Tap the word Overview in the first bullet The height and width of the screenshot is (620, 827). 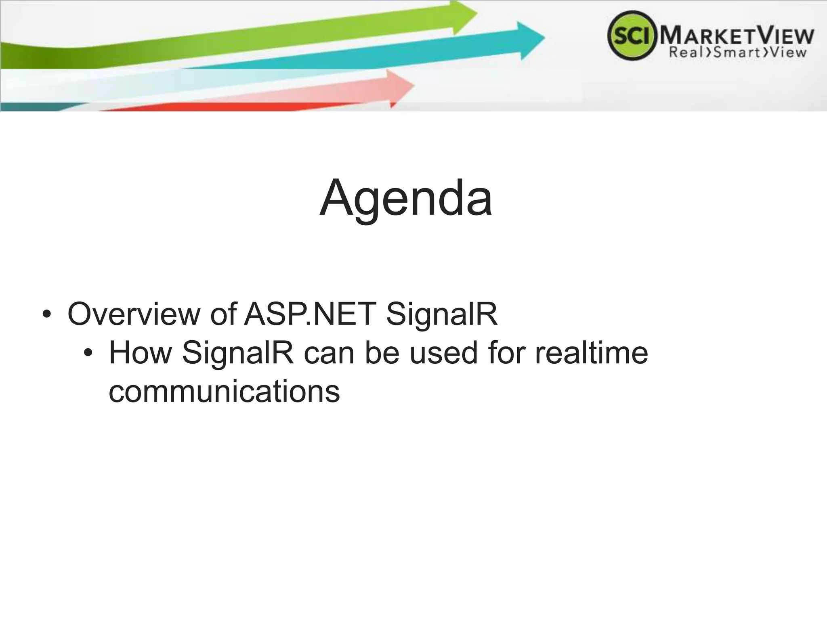(133, 314)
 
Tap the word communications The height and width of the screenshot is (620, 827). (224, 392)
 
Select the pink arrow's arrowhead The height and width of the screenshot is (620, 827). (400, 87)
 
